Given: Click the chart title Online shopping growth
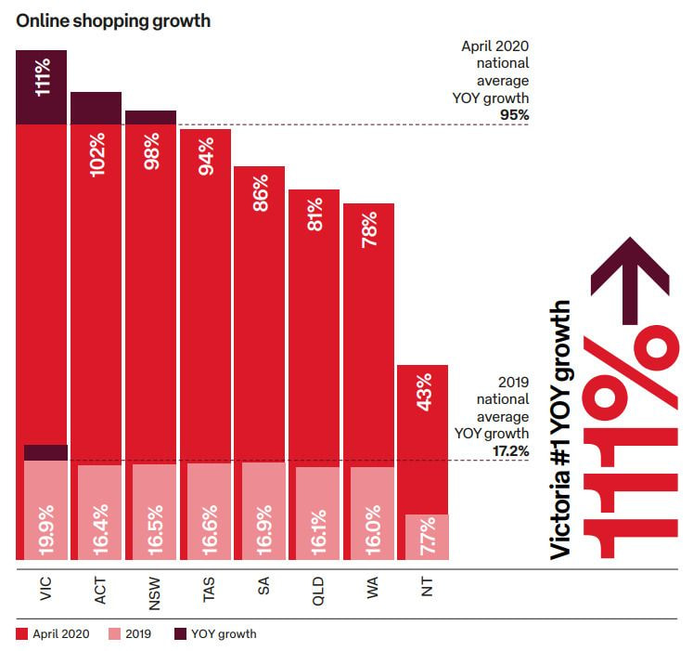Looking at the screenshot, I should (113, 20).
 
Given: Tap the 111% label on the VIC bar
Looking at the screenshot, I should (43, 77).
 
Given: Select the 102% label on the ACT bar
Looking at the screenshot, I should (96, 153).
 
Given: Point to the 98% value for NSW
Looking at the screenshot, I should (151, 151).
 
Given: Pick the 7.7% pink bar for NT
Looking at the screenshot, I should (427, 538).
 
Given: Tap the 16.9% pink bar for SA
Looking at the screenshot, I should (263, 512).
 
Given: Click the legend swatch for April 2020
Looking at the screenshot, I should (22, 634).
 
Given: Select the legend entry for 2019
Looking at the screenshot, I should (134, 634).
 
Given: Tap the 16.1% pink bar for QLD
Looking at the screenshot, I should (318, 514).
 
